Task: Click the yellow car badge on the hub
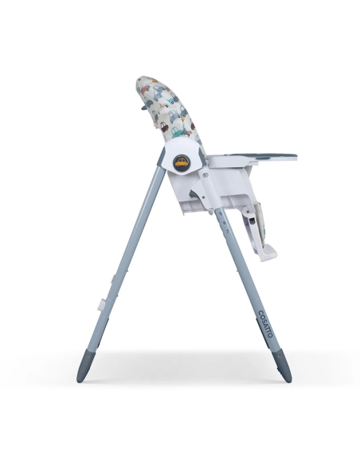pyautogui.click(x=182, y=162)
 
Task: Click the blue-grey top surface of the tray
pyautogui.click(x=255, y=156)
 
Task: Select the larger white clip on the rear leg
pyautogui.click(x=103, y=303)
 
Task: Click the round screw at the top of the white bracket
pyautogui.click(x=204, y=172)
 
